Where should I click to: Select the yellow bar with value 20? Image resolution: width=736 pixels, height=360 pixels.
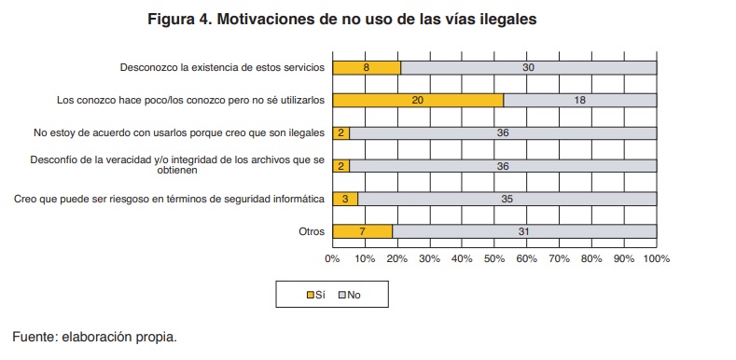click(417, 100)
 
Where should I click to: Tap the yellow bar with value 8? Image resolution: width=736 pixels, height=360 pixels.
click(366, 67)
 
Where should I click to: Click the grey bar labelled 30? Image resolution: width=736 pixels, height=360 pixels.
click(528, 67)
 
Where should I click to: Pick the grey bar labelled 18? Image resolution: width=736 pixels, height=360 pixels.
click(579, 100)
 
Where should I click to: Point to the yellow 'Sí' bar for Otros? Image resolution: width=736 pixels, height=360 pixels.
click(362, 230)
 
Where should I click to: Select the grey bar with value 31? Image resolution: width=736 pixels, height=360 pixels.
click(524, 230)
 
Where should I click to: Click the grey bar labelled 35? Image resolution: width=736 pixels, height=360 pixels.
click(507, 198)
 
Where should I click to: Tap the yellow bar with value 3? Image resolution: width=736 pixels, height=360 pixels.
click(344, 198)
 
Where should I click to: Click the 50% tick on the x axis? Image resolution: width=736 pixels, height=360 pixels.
click(494, 257)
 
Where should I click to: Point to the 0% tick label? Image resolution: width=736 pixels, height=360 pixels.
click(332, 257)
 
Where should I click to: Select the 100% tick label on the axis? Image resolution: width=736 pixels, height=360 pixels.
click(656, 257)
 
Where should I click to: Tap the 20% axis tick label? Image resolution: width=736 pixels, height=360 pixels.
click(396, 257)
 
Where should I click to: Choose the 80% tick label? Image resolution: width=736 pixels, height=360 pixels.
click(591, 257)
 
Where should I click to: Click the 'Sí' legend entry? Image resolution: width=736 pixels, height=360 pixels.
click(315, 295)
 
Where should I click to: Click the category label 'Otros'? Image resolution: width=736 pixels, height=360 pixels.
click(311, 231)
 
